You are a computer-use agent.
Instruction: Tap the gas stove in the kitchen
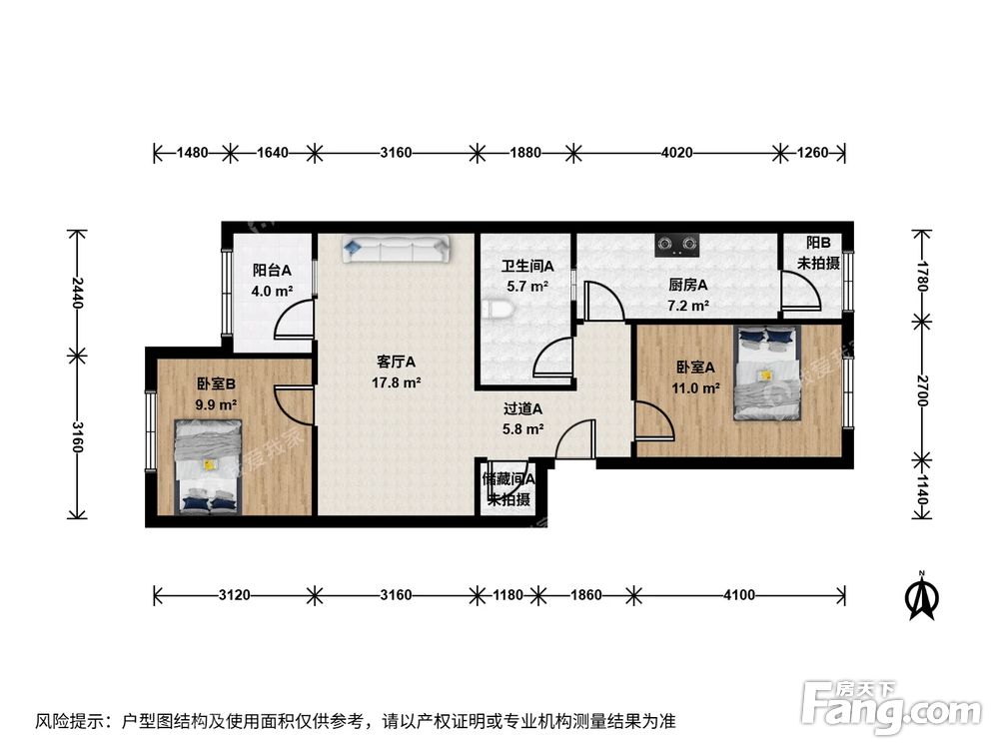676,243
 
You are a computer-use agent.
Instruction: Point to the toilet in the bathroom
502,311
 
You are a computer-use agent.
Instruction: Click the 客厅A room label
396,362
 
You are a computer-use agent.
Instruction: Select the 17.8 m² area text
396,381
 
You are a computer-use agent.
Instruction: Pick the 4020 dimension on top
676,153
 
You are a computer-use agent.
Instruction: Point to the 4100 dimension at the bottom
738,595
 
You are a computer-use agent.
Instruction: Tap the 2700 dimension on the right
922,388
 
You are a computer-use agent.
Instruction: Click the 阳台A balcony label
272,270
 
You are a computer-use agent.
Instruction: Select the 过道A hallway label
522,408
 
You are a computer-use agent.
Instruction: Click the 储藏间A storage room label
508,478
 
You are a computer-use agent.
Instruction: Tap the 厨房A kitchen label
688,284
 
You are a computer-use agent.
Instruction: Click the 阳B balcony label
818,243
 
